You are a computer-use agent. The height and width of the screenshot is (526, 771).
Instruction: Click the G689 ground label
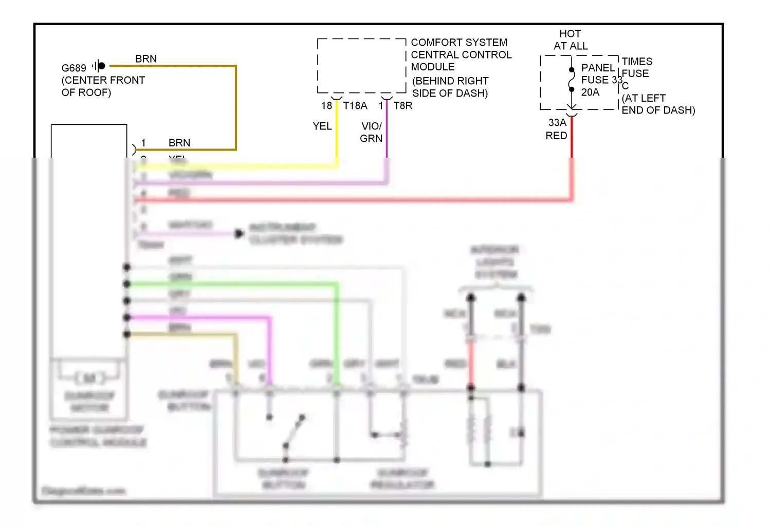pos(74,68)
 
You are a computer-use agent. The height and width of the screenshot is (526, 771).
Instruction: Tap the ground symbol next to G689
pos(99,66)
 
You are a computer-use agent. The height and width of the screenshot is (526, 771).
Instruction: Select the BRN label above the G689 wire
pos(146,59)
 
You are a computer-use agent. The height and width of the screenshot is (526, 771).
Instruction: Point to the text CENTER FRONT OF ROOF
pos(103,86)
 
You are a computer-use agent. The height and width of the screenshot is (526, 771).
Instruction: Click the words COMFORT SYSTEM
pos(458,43)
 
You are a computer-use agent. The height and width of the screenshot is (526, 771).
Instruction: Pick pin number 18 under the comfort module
pos(326,106)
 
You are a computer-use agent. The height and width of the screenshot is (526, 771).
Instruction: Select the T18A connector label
pos(355,106)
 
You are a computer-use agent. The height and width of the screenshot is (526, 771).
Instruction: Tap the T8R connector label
pos(403,106)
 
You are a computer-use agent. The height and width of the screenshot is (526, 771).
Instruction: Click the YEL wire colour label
pos(322,126)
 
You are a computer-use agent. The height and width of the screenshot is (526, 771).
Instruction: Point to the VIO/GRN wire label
pos(371,133)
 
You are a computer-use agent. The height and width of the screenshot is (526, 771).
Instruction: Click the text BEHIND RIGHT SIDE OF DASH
pos(450,87)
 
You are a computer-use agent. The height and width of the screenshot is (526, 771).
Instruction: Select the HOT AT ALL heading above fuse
pos(571,40)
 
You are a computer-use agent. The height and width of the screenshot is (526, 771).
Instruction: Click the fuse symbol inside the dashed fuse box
pos(572,80)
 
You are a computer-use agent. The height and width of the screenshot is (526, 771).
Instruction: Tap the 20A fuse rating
pos(590,92)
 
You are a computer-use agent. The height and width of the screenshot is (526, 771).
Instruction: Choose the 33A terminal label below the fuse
pos(557,123)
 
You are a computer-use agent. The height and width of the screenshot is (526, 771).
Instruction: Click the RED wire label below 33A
pos(556,136)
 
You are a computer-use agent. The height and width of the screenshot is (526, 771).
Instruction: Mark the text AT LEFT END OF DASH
pos(658,104)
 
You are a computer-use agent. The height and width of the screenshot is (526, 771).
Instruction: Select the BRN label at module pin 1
pos(179,143)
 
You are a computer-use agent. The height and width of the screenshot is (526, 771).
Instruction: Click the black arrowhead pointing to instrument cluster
pos(239,234)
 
